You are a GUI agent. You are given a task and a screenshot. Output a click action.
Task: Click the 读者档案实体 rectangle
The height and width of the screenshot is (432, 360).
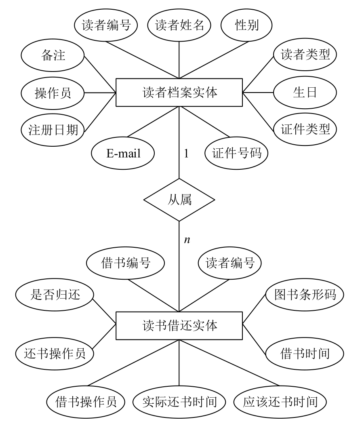pos(179,93)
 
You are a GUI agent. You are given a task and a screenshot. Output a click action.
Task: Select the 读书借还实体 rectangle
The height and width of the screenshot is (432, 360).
pos(179,325)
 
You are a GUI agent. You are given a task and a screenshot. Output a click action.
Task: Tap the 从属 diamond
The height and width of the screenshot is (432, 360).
pos(179,200)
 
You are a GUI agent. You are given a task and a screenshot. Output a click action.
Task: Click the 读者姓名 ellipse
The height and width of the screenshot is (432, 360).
pos(179,26)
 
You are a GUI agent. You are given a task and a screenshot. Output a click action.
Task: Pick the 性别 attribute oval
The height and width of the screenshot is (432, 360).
pos(246,26)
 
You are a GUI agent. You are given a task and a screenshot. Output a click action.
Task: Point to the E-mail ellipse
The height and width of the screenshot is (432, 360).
pos(124,154)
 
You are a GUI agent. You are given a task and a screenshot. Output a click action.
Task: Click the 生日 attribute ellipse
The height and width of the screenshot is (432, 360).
pos(305,93)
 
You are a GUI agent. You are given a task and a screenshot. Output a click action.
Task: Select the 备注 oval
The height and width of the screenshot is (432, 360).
pos(53,55)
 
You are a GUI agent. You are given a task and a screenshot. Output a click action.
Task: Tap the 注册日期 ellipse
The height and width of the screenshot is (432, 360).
pos(53,130)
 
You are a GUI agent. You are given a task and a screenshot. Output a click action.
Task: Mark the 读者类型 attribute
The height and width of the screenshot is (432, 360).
pos(305,55)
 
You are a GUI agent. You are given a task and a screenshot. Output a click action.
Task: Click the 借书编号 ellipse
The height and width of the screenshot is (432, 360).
pos(125,263)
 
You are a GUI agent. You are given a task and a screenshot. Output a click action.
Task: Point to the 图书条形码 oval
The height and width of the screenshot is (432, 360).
pos(305,295)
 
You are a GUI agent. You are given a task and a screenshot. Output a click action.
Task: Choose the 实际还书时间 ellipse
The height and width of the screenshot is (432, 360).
pos(180,402)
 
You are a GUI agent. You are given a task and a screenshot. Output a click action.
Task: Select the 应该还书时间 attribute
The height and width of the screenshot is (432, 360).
pos(281,402)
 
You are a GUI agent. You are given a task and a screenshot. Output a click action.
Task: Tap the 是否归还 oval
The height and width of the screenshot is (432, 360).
pos(55,295)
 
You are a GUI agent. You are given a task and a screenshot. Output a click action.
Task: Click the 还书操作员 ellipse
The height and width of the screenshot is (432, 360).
pos(55,354)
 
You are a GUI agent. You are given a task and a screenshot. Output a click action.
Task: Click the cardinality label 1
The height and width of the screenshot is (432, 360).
pos(186,154)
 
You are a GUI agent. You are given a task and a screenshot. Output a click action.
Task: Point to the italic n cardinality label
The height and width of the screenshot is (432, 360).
pos(187,240)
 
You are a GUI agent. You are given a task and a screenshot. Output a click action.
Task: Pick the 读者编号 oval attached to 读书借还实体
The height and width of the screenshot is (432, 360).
pos(230,263)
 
